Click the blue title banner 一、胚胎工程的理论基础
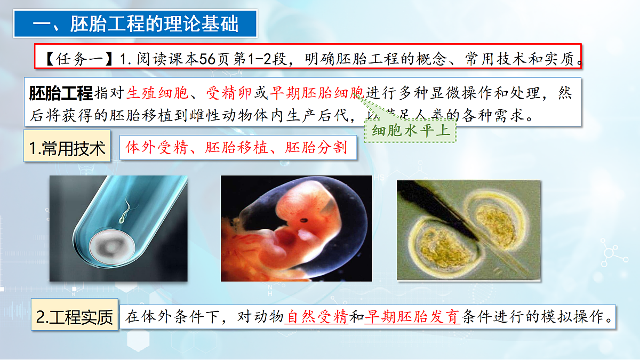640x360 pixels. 136,24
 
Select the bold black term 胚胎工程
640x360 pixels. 61,94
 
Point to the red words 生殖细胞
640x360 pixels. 157,94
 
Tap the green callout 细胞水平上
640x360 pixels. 411,130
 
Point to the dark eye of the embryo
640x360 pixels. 305,219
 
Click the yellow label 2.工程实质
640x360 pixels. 75,317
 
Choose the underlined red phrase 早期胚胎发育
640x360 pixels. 412,317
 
